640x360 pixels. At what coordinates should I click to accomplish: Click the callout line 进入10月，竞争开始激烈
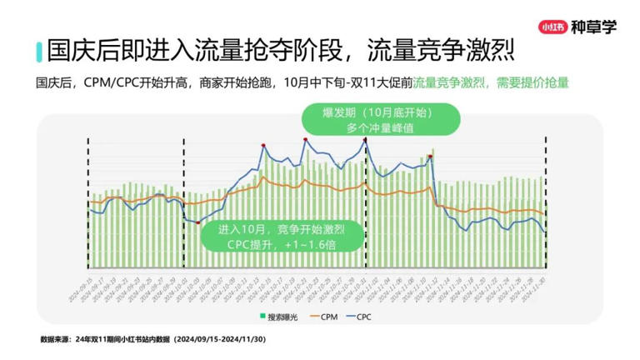point(281,229)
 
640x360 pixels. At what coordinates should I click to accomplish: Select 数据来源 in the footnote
point(56,340)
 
